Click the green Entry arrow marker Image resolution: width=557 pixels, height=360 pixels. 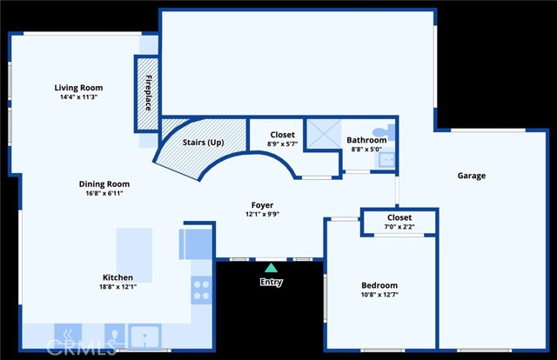click(271, 268)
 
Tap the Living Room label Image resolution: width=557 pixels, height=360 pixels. click(78, 88)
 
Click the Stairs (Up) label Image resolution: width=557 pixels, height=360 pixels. click(203, 143)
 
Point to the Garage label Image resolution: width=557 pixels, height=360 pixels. click(472, 176)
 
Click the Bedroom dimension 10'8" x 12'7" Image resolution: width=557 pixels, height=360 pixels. click(379, 294)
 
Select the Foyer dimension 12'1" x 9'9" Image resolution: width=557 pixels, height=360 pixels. click(262, 214)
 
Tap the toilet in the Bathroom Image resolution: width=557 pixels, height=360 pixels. click(385, 131)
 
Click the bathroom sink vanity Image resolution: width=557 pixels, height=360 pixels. click(385, 159)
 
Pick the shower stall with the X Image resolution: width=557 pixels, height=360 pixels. click(324, 134)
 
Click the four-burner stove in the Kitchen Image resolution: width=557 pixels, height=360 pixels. click(201, 290)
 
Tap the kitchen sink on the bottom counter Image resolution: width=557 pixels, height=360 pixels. click(144, 336)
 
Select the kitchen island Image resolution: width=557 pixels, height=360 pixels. click(134, 256)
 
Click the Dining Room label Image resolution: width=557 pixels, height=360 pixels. click(104, 183)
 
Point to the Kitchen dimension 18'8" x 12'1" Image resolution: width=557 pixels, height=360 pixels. click(118, 287)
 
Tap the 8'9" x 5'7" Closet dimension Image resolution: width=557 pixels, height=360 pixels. click(282, 143)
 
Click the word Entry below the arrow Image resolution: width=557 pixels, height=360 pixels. click(272, 282)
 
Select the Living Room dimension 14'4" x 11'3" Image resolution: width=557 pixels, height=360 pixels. click(78, 97)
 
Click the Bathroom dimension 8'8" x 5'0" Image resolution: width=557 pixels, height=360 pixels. click(366, 150)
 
